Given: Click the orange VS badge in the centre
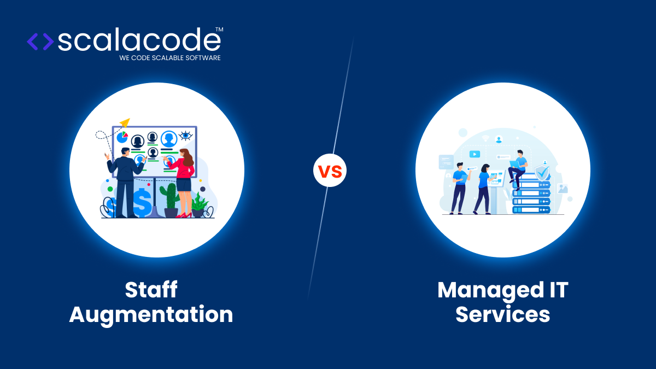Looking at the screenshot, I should [330, 171].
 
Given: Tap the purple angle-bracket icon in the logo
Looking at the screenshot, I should [40, 42].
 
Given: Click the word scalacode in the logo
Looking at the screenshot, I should [139, 40].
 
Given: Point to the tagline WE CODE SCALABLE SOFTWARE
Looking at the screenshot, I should [170, 57].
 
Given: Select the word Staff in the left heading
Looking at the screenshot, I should [151, 290].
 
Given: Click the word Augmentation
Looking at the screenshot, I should [151, 314].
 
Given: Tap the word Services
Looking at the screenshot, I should [502, 314].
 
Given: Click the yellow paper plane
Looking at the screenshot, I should [125, 122].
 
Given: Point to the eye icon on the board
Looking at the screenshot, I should [186, 136].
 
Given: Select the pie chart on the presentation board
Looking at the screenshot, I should [122, 137].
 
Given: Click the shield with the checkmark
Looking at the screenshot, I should [542, 173].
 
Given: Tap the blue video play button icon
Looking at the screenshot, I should [475, 154].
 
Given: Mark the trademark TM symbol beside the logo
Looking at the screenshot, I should [219, 29].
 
